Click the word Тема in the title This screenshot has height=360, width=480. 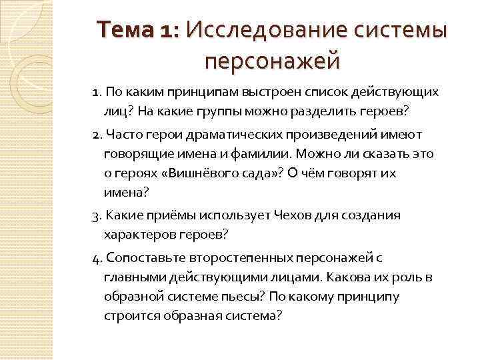(123, 31)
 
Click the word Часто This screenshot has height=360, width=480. (125, 135)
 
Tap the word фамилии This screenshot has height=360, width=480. (213, 154)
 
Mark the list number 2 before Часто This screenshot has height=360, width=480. (97, 135)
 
